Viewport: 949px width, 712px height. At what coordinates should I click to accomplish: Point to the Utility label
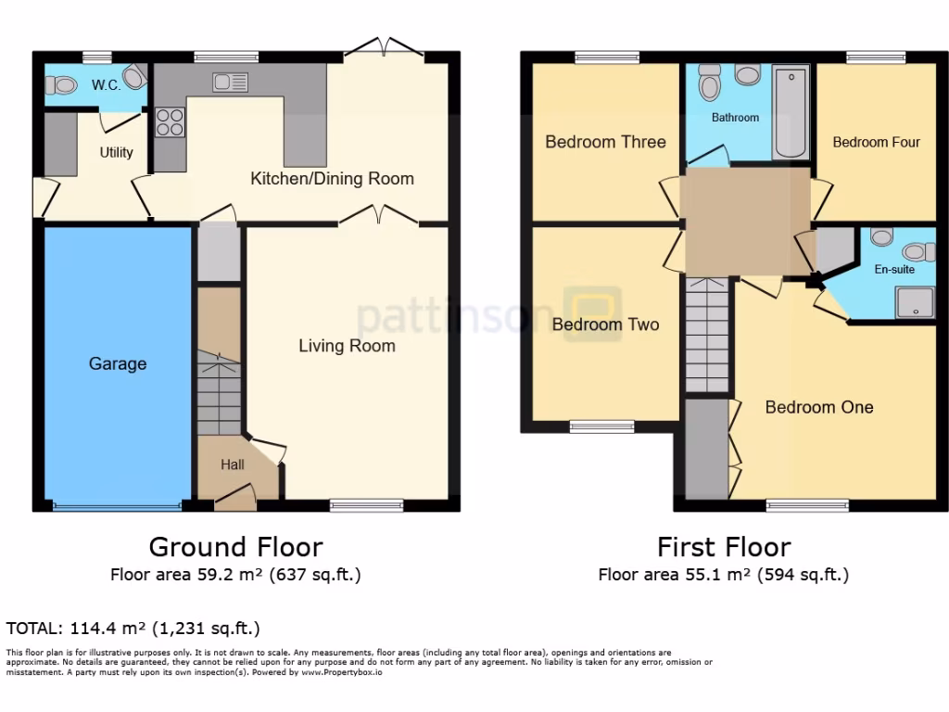tap(116, 152)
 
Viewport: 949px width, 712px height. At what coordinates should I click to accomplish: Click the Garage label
tap(118, 363)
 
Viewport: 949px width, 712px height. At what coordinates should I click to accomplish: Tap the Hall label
tap(232, 464)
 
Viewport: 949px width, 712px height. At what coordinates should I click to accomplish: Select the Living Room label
tap(347, 346)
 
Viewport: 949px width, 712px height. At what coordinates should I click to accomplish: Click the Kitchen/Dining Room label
tap(332, 178)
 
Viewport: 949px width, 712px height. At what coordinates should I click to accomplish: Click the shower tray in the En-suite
tap(913, 300)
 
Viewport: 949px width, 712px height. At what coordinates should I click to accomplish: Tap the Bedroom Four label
tap(876, 142)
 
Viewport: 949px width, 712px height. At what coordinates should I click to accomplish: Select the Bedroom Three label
tap(605, 142)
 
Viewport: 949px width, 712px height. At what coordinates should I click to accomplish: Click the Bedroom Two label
tap(605, 324)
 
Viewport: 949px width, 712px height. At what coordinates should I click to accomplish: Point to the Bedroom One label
tap(819, 407)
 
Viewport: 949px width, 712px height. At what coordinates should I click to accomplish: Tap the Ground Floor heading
tap(235, 546)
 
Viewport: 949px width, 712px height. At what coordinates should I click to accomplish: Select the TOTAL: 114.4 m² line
tap(133, 628)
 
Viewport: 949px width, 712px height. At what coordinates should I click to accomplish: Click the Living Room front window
tap(366, 505)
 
